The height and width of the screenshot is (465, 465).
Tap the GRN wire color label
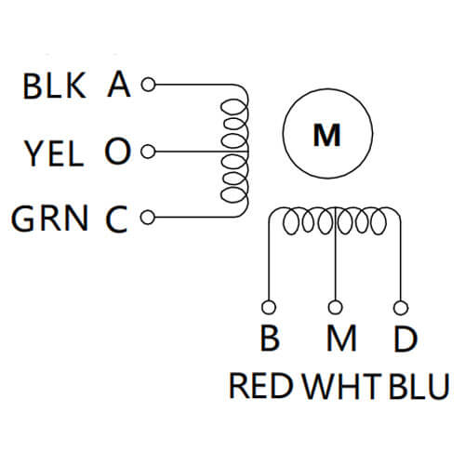(x=50, y=219)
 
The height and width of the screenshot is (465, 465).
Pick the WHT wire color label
(x=339, y=386)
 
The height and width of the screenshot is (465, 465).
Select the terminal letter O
(x=116, y=153)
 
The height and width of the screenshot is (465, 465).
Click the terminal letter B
(x=270, y=339)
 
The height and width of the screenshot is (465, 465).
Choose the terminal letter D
(x=403, y=339)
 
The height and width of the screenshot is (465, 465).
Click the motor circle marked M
(x=325, y=136)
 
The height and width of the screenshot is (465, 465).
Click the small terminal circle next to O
(x=145, y=153)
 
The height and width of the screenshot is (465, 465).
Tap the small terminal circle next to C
(x=145, y=219)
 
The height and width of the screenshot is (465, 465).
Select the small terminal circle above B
(x=270, y=307)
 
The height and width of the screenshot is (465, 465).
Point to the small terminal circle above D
(x=402, y=307)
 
